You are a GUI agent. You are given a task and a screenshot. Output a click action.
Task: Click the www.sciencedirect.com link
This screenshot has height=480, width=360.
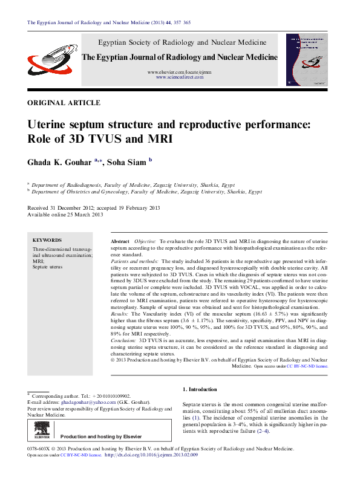[179, 78]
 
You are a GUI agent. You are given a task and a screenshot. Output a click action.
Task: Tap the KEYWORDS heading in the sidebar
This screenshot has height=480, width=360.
[47, 239]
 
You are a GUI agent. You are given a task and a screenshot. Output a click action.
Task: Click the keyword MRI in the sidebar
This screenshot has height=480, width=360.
[38, 261]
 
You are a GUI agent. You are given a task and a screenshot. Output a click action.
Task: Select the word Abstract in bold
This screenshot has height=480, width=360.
[120, 241]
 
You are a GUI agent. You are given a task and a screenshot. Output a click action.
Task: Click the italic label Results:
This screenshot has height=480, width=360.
[120, 315]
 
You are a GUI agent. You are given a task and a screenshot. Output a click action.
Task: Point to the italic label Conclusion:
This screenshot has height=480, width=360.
[124, 341]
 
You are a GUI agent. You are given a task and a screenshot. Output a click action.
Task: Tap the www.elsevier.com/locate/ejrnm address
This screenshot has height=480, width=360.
[180, 72]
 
